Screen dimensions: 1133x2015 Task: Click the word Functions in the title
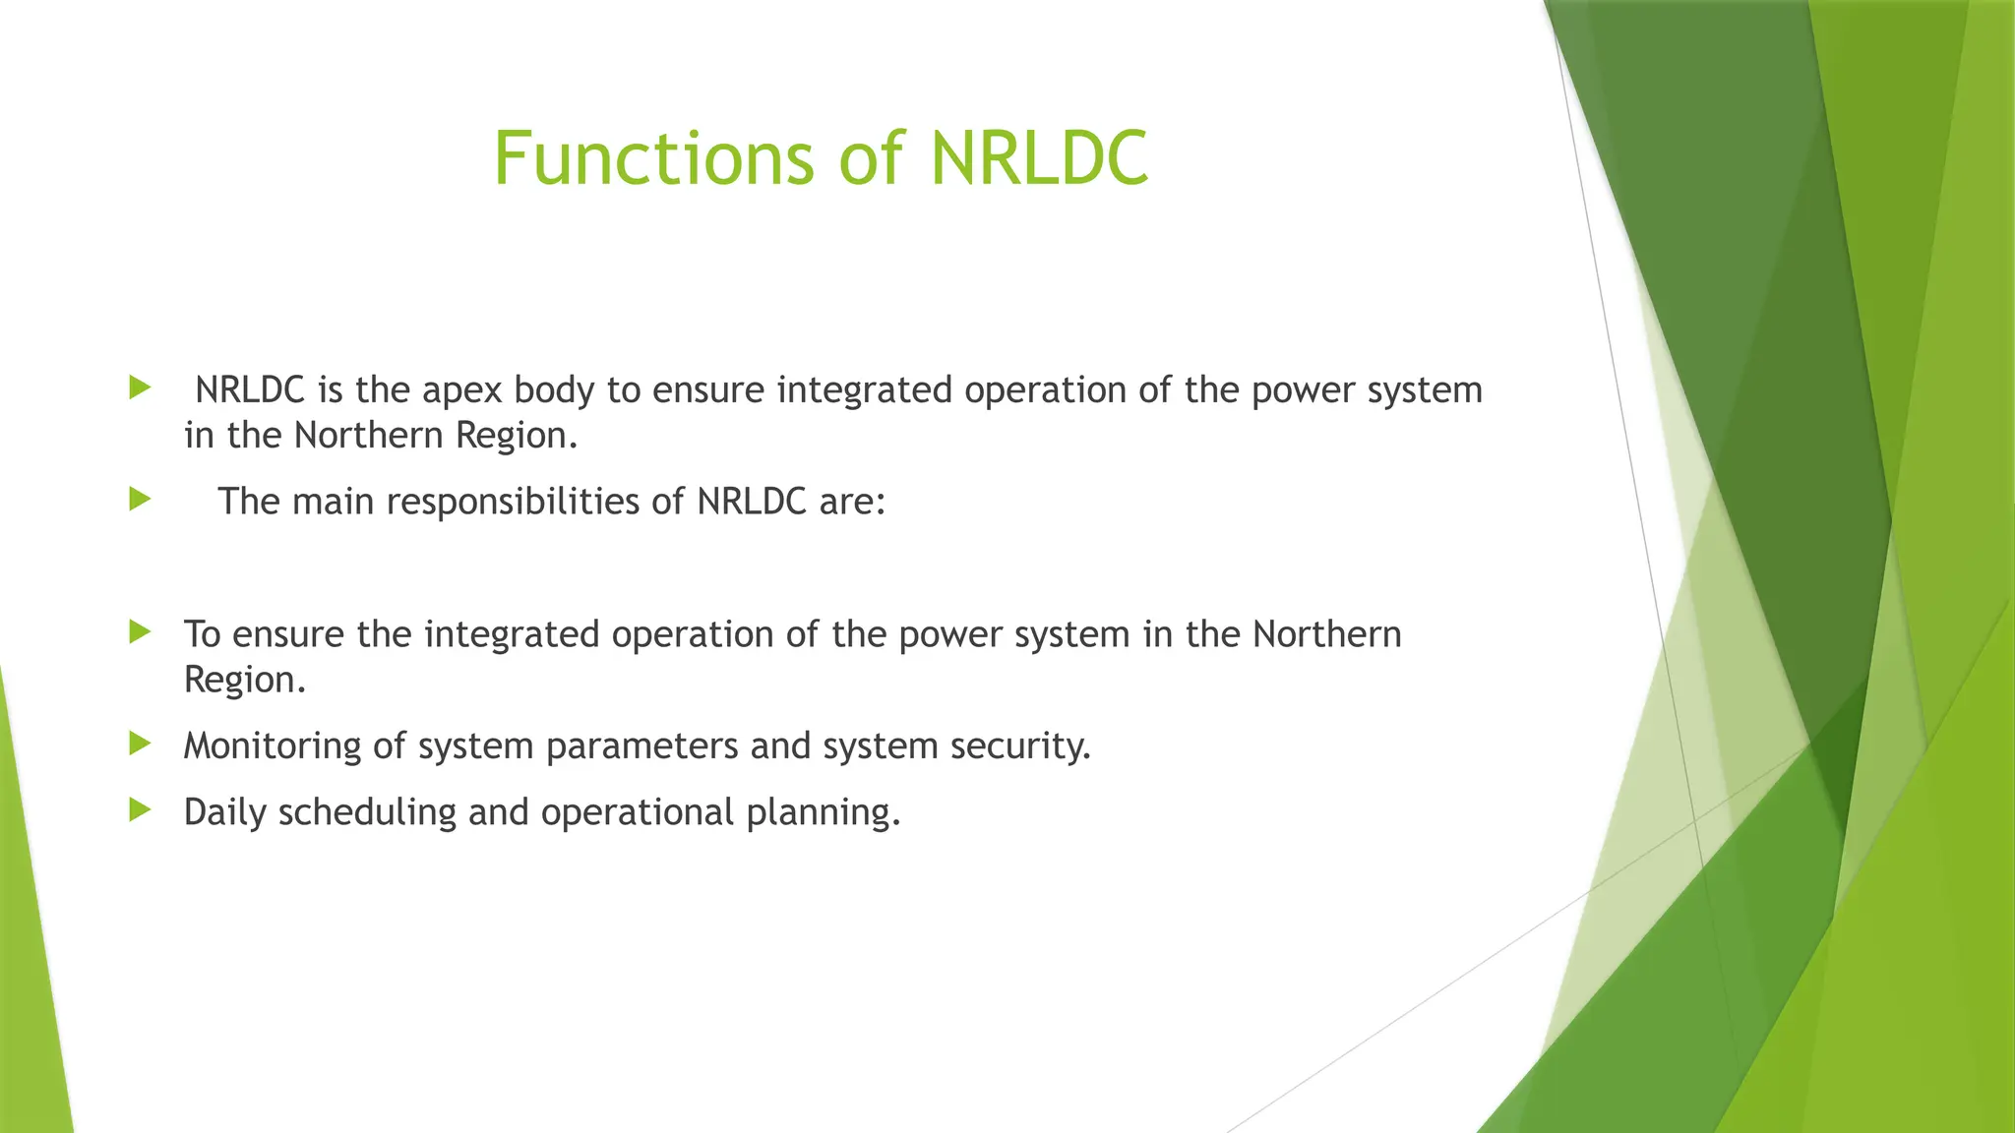pos(653,158)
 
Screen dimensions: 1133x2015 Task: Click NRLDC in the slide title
pos(1039,158)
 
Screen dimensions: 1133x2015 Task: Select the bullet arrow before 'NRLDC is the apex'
pos(140,388)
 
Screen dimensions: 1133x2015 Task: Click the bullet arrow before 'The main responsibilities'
pos(140,500)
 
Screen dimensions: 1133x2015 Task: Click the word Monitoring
pos(273,746)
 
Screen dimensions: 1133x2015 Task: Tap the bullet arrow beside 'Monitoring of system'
pos(140,744)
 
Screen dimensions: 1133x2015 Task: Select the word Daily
pos(225,812)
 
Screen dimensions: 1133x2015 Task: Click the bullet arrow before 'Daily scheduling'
pos(140,810)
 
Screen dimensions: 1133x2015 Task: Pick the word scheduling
pos(368,813)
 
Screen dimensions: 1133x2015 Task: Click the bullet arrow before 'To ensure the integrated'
pos(140,632)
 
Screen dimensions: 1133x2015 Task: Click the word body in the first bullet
pos(554,391)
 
